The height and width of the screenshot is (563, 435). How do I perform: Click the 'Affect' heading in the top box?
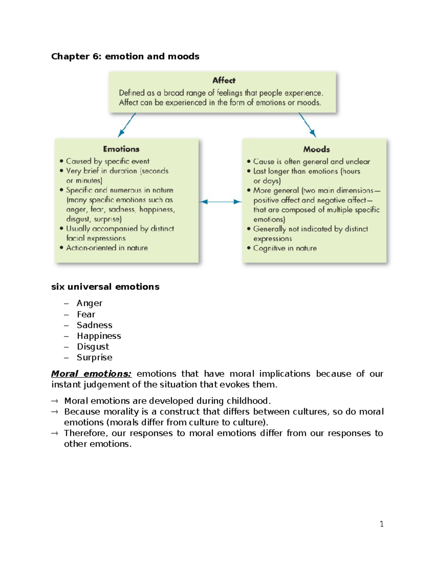point(224,80)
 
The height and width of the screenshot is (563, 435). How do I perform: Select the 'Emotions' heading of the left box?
point(121,149)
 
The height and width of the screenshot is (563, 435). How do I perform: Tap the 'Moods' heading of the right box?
point(316,149)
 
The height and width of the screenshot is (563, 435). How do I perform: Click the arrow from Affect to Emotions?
point(127,125)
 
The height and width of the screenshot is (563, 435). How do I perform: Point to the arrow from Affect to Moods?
point(307,125)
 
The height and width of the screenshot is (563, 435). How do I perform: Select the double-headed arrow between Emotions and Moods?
point(220,202)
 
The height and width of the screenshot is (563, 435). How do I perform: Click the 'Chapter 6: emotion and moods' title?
point(125,57)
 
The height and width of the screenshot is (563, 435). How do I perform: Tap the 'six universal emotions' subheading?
point(105,287)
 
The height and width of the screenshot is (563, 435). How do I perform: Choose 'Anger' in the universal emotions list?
point(89,303)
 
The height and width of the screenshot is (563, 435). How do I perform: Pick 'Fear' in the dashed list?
point(86,314)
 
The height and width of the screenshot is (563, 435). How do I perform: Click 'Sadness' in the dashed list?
point(94,325)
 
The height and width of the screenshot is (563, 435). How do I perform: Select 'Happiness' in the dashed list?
point(99,336)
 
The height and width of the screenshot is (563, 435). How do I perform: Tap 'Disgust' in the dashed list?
point(93,347)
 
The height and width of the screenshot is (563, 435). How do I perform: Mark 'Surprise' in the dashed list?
point(94,357)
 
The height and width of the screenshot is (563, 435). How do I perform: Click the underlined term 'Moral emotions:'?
point(91,374)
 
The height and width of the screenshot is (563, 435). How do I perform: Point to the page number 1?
point(381,524)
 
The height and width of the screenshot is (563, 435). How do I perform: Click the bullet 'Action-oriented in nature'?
point(107,248)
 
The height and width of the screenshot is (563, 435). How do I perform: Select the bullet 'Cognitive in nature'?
point(285,248)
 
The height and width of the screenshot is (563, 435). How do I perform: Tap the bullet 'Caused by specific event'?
point(107,161)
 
